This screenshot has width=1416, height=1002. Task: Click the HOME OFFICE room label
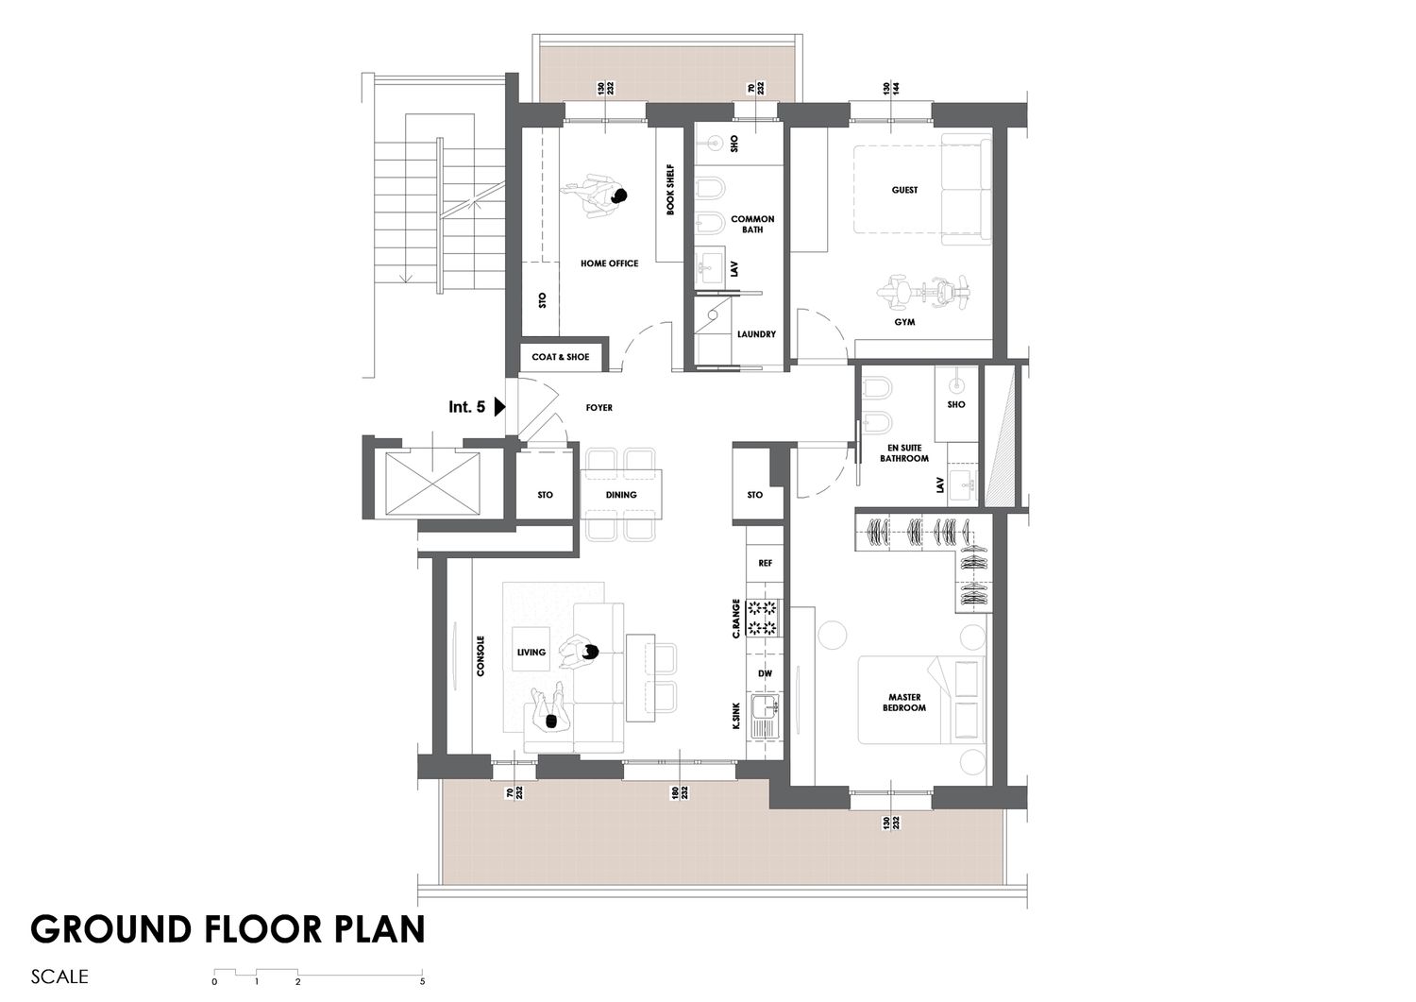(x=610, y=263)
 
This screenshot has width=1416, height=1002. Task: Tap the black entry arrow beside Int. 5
(x=500, y=407)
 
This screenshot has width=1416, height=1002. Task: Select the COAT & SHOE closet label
(x=560, y=357)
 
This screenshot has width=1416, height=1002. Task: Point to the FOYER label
(x=598, y=408)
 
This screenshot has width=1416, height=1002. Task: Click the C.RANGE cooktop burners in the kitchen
(x=763, y=618)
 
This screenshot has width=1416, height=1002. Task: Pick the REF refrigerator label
(x=765, y=563)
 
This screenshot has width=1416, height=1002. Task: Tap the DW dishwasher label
(x=765, y=673)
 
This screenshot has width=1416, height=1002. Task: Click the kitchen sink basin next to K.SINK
(x=765, y=716)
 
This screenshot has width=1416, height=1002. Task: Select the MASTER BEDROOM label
(x=904, y=703)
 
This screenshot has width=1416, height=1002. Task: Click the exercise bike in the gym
(x=923, y=292)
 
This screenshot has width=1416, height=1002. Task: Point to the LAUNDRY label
(x=756, y=334)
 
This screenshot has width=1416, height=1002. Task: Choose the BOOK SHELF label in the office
(x=670, y=190)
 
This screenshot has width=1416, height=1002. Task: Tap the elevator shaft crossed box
(x=432, y=484)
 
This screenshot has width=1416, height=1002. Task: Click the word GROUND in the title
(x=111, y=929)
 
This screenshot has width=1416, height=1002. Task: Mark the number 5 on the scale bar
(x=422, y=982)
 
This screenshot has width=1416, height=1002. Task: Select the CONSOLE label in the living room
(x=480, y=656)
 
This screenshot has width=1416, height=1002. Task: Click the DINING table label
(x=621, y=495)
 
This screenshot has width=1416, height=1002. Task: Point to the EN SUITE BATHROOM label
(x=904, y=453)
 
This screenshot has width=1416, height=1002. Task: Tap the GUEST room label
(x=904, y=190)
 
